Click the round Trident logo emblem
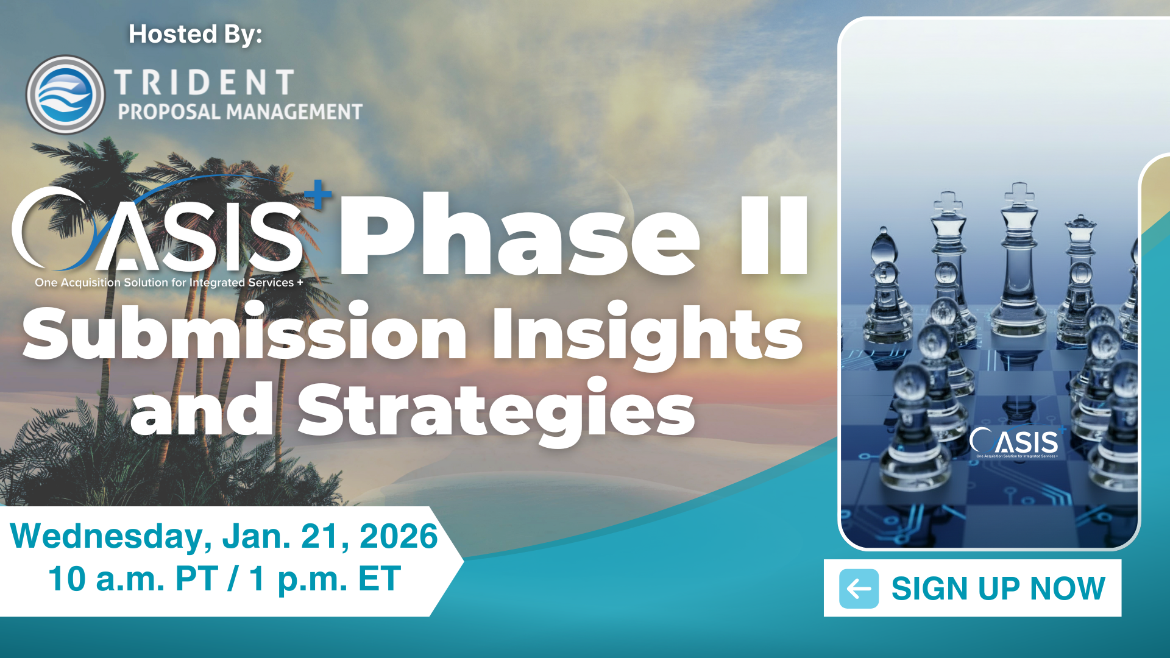[65, 94]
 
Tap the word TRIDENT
[205, 82]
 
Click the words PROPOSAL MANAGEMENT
[240, 111]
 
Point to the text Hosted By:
[195, 34]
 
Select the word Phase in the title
[519, 235]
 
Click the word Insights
[648, 336]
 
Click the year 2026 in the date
[399, 536]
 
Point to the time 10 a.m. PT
[133, 579]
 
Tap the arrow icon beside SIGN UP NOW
[859, 589]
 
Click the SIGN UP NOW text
[998, 589]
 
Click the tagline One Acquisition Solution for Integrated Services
[169, 283]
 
